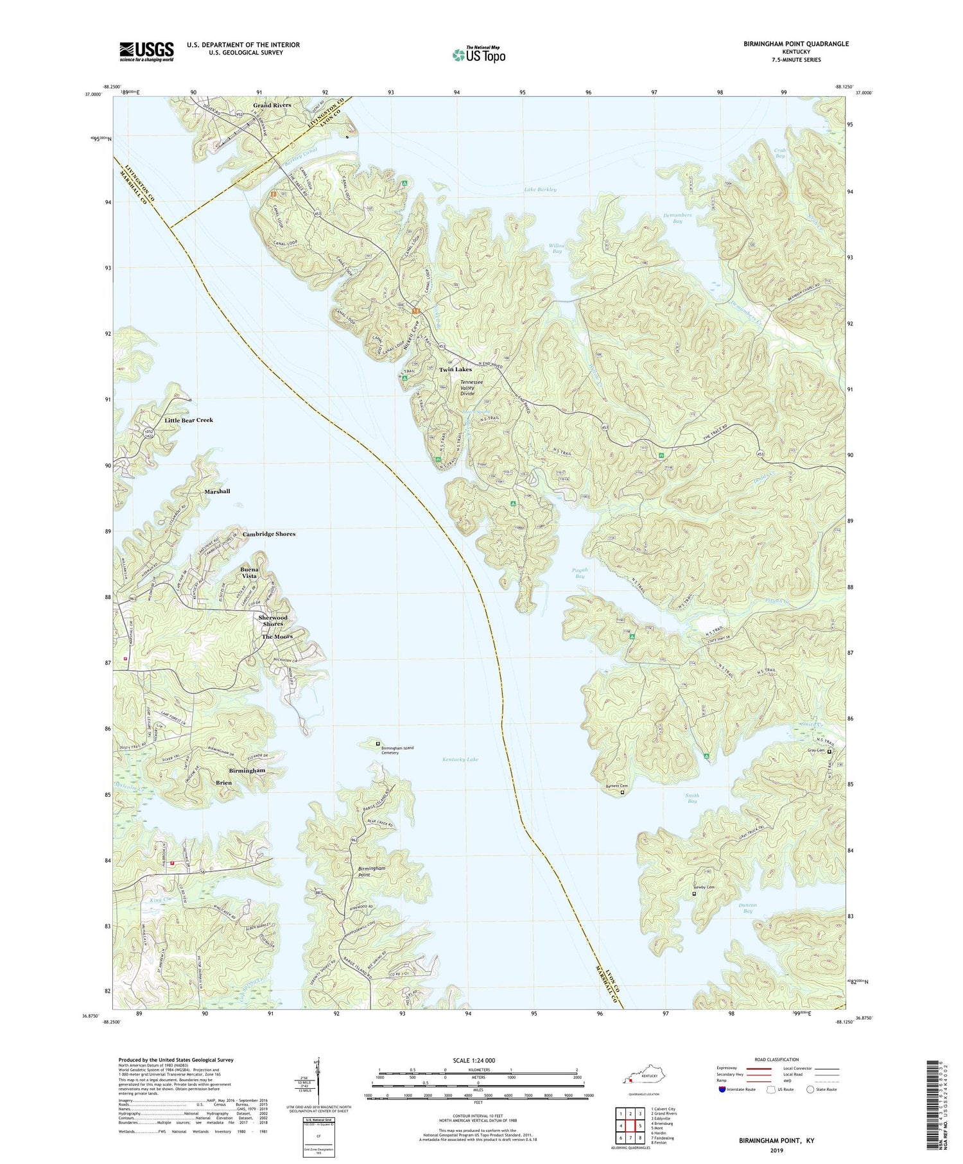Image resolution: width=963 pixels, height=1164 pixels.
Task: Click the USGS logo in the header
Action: pyautogui.click(x=146, y=51)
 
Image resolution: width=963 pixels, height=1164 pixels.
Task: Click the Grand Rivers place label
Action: pyautogui.click(x=272, y=105)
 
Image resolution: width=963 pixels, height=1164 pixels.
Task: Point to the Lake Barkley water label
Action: pyautogui.click(x=540, y=189)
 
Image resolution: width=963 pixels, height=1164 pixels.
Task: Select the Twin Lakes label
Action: pyautogui.click(x=455, y=369)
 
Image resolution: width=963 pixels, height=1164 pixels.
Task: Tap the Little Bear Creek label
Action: pyautogui.click(x=189, y=420)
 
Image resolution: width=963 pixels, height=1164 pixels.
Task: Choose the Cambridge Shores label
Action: pyautogui.click(x=269, y=534)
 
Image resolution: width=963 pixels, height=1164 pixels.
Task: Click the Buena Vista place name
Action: pyautogui.click(x=249, y=573)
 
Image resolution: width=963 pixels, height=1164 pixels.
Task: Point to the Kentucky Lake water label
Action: pyautogui.click(x=460, y=760)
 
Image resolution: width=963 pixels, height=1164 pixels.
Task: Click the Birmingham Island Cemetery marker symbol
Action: pyautogui.click(x=377, y=743)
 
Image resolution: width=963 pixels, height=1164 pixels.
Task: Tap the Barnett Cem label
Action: pyautogui.click(x=617, y=786)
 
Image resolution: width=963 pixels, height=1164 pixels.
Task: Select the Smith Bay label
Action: pyautogui.click(x=692, y=798)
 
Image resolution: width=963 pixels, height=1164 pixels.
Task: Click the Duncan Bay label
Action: pyautogui.click(x=747, y=908)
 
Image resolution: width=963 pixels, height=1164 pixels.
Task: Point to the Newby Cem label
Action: pyautogui.click(x=703, y=887)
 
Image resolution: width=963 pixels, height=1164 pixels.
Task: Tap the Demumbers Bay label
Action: pyautogui.click(x=677, y=218)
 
